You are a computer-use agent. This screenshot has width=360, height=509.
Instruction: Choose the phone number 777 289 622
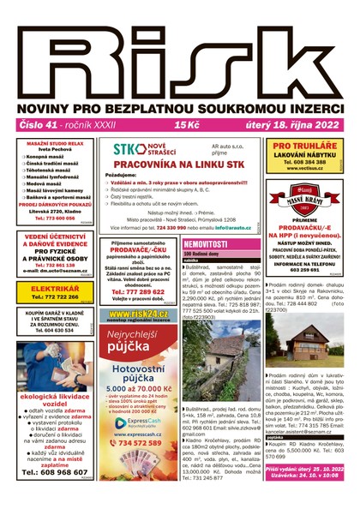tap(138, 291)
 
